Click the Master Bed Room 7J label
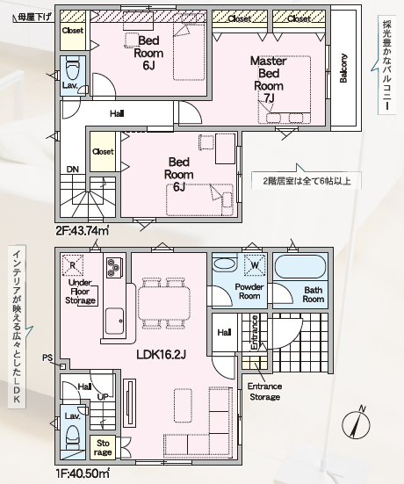click(x=269, y=79)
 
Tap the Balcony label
click(x=343, y=69)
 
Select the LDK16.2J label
click(x=161, y=355)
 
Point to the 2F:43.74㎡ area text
click(x=83, y=230)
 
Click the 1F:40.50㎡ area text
click(x=82, y=473)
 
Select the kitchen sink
click(x=114, y=320)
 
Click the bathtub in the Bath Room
click(x=300, y=267)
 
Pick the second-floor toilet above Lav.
click(x=73, y=69)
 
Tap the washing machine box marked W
click(x=255, y=264)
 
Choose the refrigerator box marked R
click(x=73, y=265)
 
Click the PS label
click(x=47, y=358)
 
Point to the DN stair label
click(x=73, y=170)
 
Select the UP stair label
click(x=103, y=397)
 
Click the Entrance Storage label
click(x=264, y=392)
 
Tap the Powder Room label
click(x=249, y=291)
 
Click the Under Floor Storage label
click(x=80, y=292)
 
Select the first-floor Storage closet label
click(x=103, y=448)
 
